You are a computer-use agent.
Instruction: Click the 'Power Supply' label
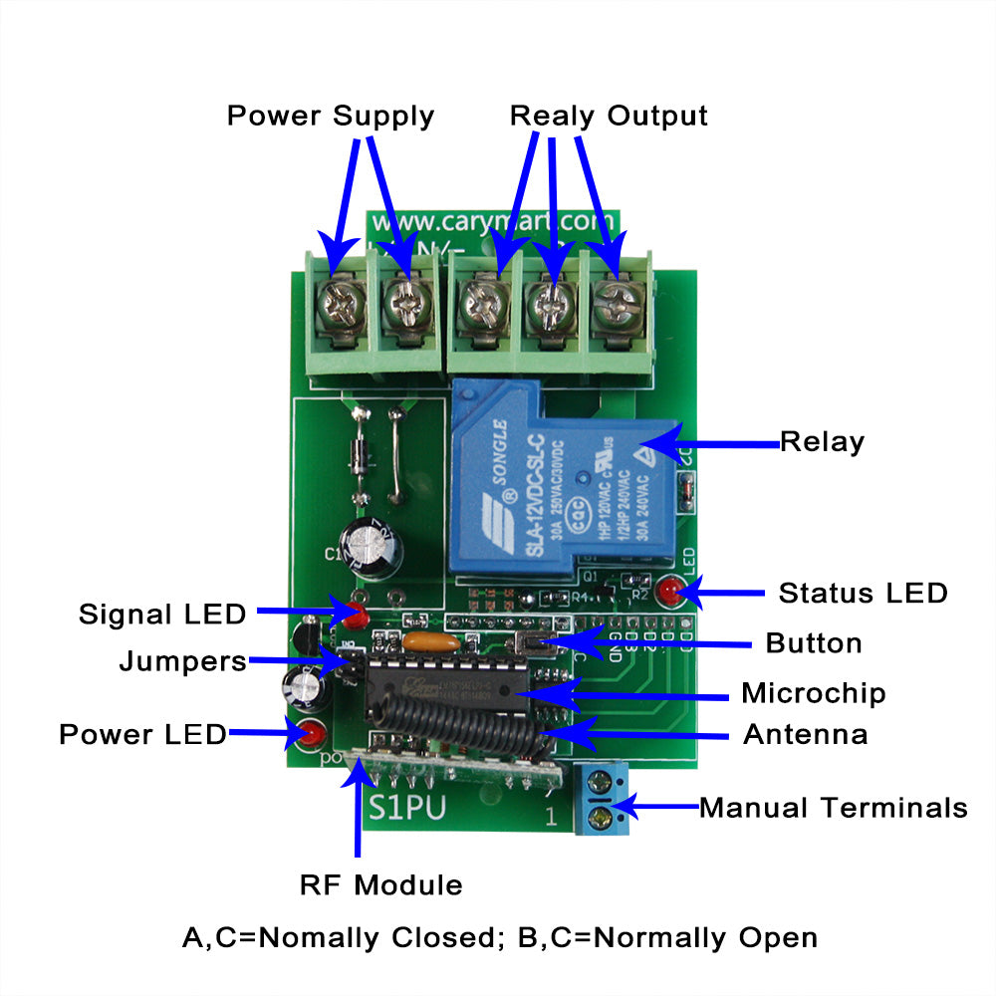point(330,116)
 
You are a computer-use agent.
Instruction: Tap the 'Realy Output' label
point(608,116)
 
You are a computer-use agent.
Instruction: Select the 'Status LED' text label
point(863,594)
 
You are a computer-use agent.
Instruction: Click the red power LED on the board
point(313,735)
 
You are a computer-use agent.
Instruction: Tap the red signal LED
point(354,613)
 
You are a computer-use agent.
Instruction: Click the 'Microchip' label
point(813,692)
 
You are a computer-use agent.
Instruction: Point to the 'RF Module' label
point(381,884)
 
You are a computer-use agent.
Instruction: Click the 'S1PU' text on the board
point(407,808)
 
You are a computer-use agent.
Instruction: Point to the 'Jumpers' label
point(182,661)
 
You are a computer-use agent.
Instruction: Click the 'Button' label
point(814,643)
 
